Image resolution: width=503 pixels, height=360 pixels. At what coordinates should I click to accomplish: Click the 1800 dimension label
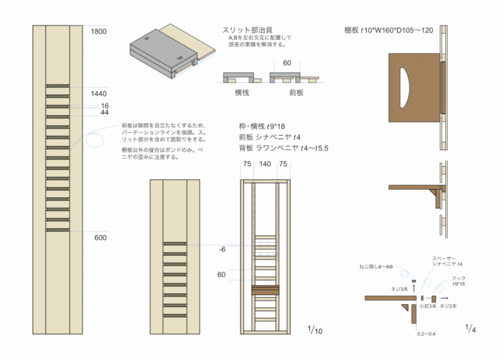click(99, 31)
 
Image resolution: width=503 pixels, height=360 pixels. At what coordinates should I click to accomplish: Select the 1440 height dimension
click(99, 93)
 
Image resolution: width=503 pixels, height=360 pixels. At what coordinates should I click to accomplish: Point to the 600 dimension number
click(100, 237)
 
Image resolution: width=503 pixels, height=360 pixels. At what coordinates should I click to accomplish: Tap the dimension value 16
click(105, 106)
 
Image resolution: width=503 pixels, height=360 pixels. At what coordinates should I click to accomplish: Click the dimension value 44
click(105, 112)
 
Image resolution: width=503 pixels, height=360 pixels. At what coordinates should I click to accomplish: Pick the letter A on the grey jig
click(146, 41)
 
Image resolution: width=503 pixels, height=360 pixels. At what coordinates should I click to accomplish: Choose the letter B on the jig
click(179, 57)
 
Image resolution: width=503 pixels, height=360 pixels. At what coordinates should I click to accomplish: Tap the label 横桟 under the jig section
click(242, 91)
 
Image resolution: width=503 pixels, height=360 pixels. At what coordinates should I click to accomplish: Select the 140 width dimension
click(265, 164)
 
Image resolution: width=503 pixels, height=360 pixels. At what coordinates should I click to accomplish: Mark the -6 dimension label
click(221, 250)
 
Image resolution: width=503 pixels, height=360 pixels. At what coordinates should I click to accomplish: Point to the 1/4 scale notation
click(471, 328)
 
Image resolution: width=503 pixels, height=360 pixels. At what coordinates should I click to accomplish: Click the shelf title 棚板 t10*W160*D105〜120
click(389, 30)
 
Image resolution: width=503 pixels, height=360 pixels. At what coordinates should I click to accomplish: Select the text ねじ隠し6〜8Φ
click(378, 266)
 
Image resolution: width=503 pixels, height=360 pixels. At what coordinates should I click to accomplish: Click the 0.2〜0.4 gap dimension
click(426, 333)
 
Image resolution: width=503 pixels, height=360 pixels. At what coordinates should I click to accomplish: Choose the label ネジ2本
click(450, 306)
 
